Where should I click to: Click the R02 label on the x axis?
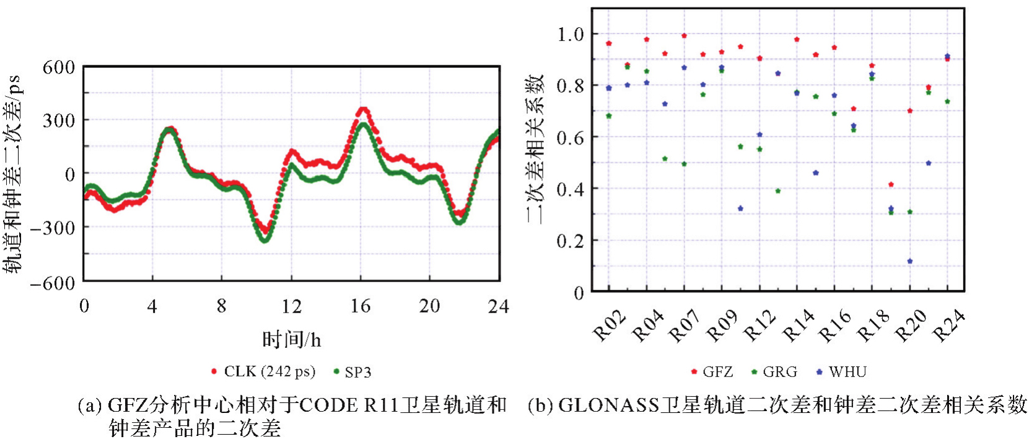tap(610, 326)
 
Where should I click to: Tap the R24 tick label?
tap(948, 326)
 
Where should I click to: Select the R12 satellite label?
tap(760, 326)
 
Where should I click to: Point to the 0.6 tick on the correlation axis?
tap(570, 137)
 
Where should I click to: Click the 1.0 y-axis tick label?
tap(570, 34)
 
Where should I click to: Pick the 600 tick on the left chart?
tap(58, 67)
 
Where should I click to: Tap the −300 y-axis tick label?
tap(53, 228)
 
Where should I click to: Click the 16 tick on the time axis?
tap(361, 306)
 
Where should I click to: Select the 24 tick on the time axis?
tap(498, 306)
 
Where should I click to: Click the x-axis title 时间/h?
tap(291, 340)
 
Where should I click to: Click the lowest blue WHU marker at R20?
tap(909, 261)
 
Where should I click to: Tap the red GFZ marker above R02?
tap(609, 43)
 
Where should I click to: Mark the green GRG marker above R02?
tap(609, 116)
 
